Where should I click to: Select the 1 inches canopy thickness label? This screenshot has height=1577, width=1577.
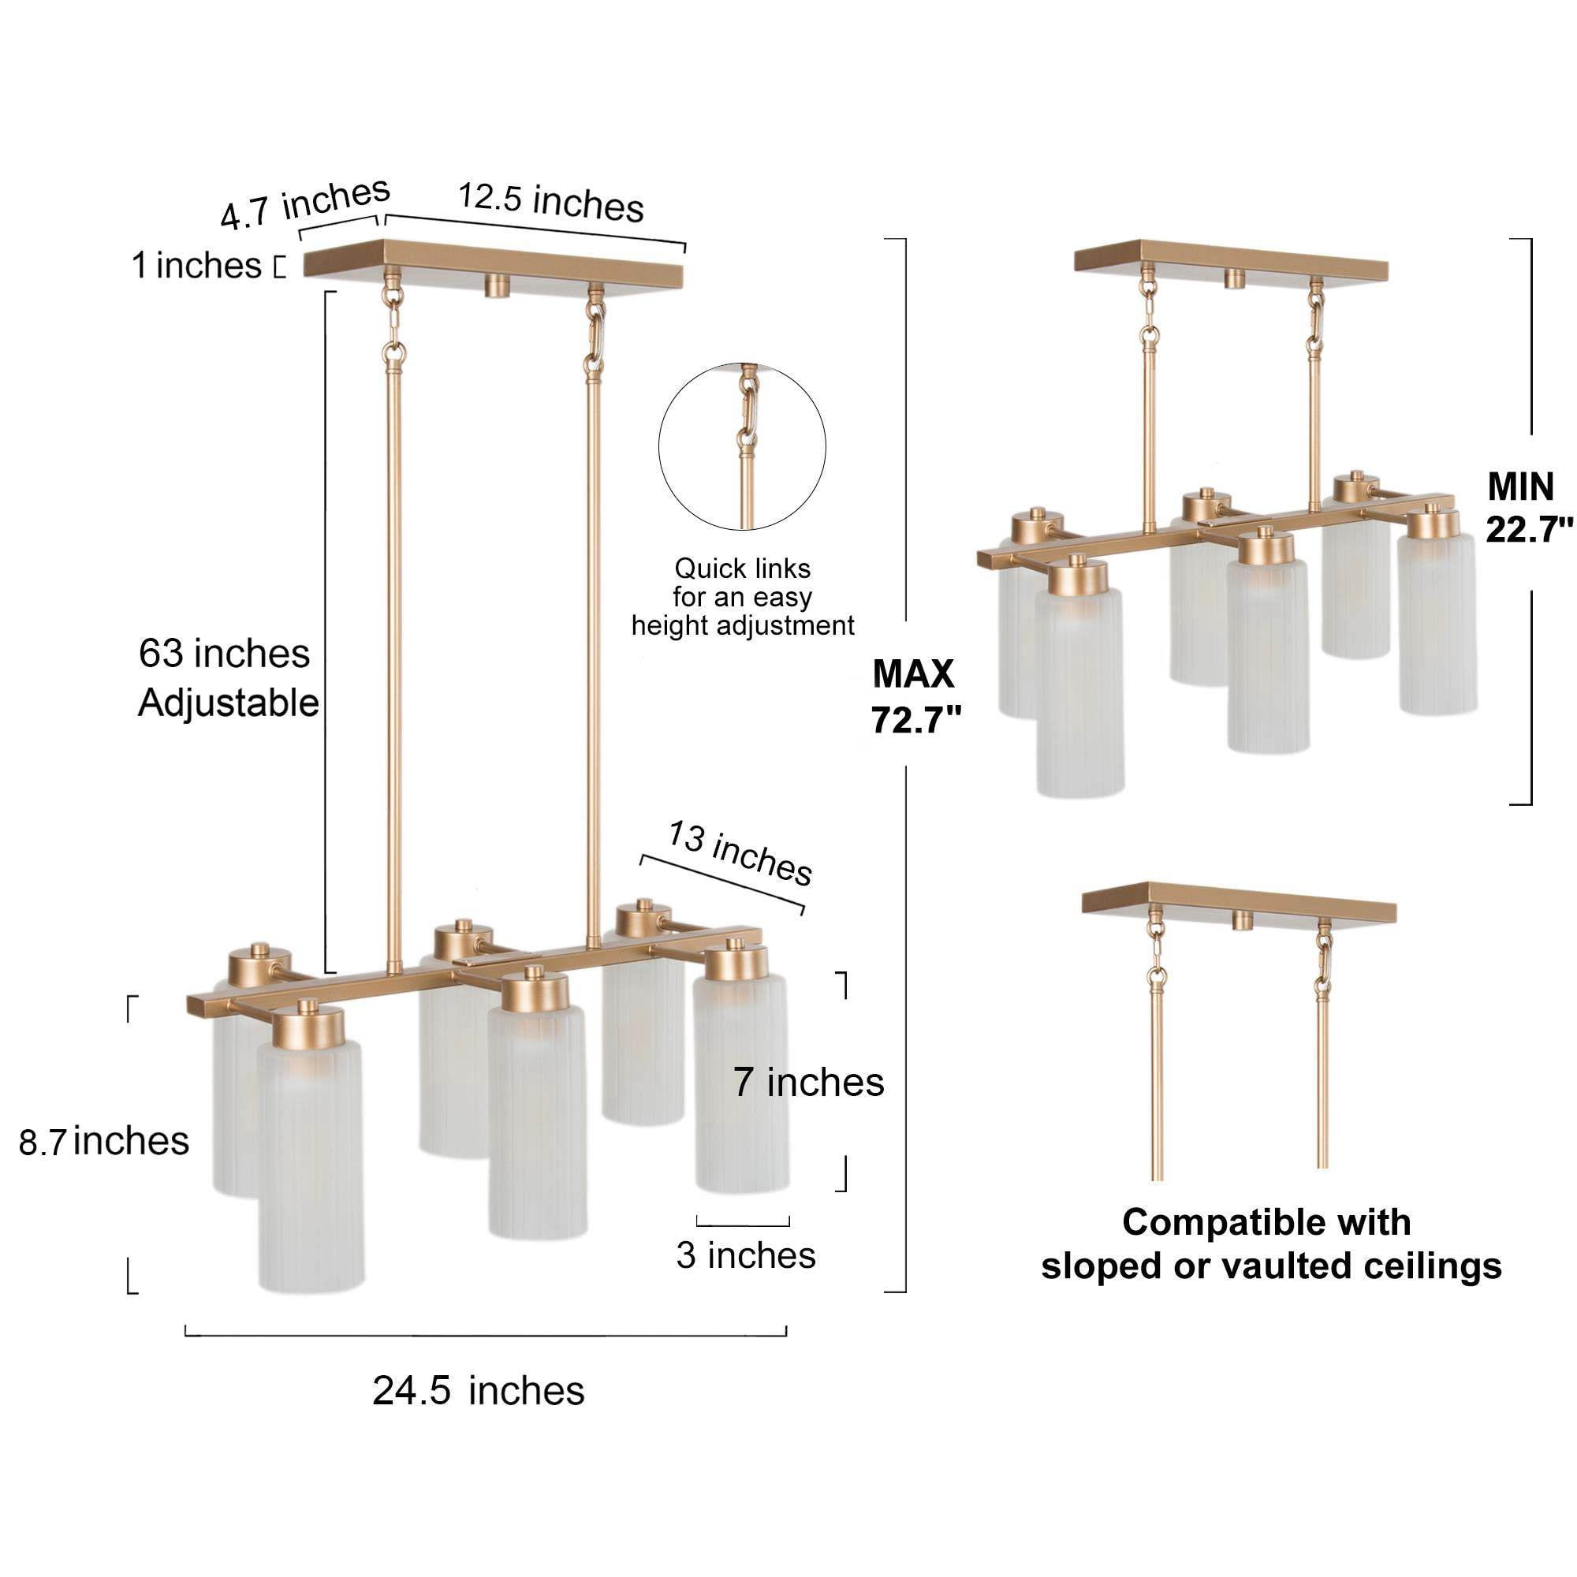[196, 266]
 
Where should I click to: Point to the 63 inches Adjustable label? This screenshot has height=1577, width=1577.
[229, 678]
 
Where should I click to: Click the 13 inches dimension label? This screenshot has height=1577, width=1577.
[740, 853]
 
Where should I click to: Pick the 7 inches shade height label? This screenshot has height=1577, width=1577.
[808, 1083]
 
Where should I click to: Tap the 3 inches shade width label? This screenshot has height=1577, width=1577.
[745, 1255]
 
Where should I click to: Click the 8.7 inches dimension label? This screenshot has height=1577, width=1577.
[103, 1141]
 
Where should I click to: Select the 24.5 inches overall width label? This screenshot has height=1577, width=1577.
[479, 1391]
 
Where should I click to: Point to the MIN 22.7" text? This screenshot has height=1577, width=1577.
[1529, 508]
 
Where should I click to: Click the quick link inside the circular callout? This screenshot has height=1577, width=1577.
[746, 409]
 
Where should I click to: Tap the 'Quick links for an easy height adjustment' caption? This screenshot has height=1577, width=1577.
[743, 597]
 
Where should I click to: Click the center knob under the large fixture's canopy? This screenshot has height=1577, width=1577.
[496, 285]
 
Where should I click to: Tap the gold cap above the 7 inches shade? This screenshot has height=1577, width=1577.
[736, 961]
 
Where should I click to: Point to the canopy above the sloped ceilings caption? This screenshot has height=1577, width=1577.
[1239, 902]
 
